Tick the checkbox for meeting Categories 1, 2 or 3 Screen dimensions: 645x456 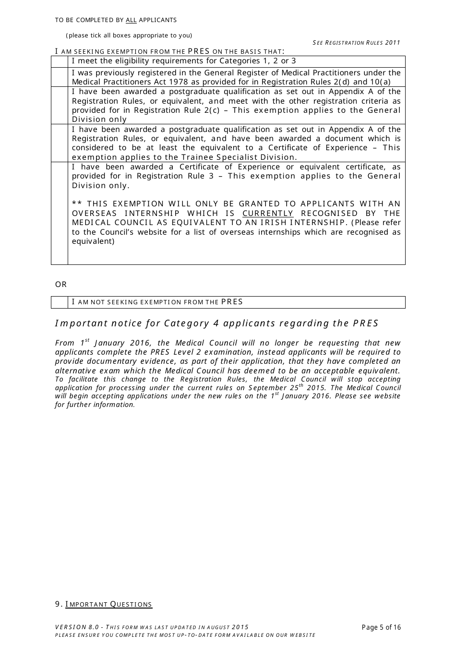pos(60,61)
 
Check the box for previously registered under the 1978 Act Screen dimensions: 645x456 pos(60,77)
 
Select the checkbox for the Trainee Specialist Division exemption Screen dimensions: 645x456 pos(60,143)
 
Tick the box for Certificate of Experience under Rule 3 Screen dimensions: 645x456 pos(60,213)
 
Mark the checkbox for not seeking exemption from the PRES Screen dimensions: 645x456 pos(60,302)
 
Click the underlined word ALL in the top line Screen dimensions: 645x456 pos(131,20)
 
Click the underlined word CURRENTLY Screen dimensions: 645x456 pos(268,214)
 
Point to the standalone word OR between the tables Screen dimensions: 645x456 pos(61,285)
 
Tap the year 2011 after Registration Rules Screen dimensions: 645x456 pos(393,43)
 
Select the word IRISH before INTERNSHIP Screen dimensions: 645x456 pos(274,223)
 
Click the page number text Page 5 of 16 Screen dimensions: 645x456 pos(381,627)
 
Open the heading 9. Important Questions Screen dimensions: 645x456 pos(104,604)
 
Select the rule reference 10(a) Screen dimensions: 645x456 pos(380,82)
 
